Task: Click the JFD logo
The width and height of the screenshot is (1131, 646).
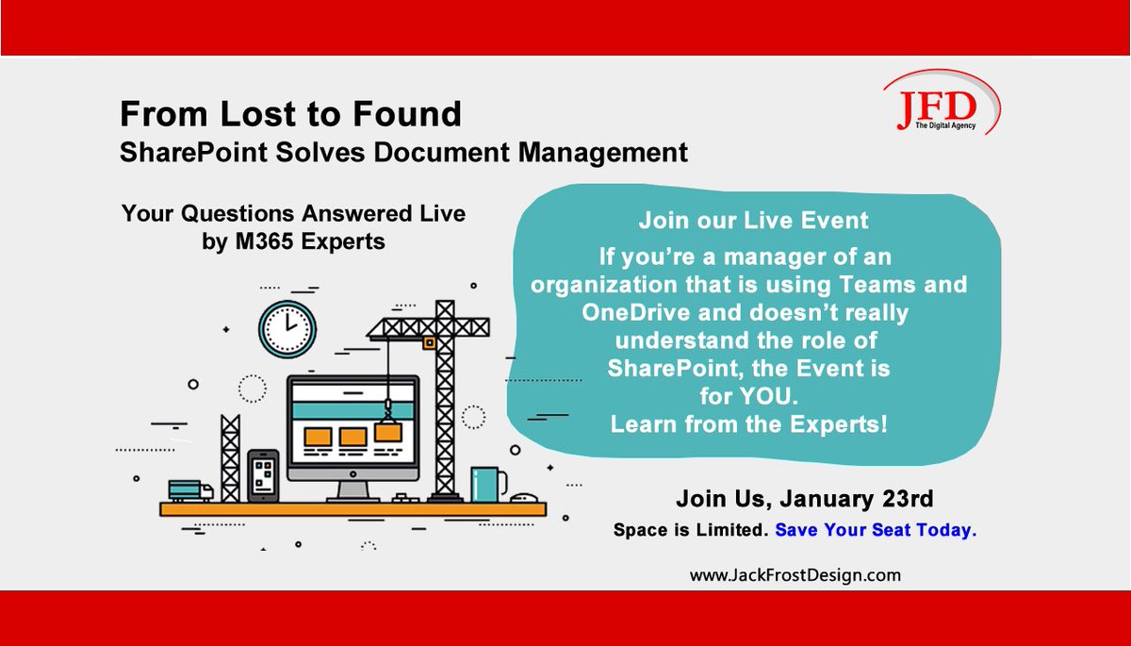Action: pos(942,103)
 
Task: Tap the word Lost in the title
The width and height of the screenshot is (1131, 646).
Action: pos(258,114)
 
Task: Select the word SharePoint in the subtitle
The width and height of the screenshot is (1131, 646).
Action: pos(193,153)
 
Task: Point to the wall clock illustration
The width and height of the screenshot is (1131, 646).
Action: pos(287,329)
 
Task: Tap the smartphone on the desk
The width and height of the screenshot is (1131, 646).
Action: pos(263,476)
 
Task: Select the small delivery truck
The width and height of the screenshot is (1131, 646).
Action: pos(190,490)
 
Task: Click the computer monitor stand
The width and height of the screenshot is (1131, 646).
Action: pos(352,491)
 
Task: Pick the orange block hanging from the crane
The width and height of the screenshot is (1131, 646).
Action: pos(387,432)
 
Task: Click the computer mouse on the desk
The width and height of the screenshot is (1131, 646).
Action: pos(524,498)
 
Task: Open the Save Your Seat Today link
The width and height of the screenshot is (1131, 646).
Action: pos(876,530)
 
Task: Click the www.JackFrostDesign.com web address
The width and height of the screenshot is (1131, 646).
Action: pos(795,575)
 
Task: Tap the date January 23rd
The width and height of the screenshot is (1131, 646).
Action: pos(857,499)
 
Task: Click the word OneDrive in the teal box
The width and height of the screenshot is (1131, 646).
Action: pos(636,313)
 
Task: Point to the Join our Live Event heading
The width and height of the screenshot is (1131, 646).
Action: pos(753,221)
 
